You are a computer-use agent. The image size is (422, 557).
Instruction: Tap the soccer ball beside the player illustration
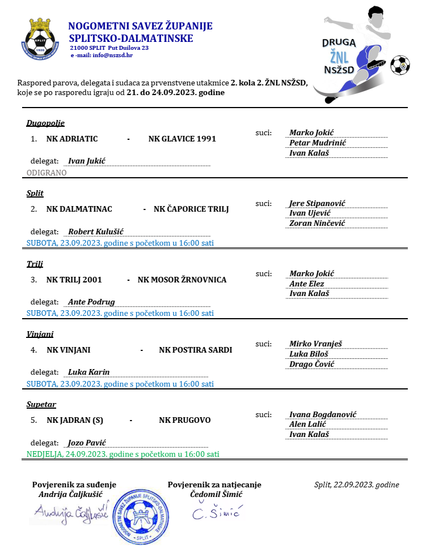tap(399, 65)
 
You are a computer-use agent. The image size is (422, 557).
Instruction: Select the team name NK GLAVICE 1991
tap(182, 139)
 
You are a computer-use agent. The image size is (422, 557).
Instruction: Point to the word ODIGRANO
tap(47, 173)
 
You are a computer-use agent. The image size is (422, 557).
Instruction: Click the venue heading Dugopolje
tap(45, 123)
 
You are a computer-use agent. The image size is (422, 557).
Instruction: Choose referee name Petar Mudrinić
tap(318, 143)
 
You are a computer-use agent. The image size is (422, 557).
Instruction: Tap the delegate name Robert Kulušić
tap(95, 232)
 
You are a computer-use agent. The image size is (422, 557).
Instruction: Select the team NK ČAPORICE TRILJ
tap(191, 209)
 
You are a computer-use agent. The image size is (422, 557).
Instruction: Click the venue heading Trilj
tap(35, 264)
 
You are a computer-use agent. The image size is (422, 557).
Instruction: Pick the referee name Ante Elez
tap(306, 284)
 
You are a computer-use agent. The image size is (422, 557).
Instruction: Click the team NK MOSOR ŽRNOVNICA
tap(182, 280)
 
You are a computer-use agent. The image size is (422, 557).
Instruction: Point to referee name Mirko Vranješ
tap(315, 344)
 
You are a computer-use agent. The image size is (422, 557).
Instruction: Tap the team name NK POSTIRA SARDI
tap(196, 350)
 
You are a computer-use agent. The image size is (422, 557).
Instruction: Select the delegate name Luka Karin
tap(88, 372)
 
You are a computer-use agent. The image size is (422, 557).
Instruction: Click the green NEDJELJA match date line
tap(123, 454)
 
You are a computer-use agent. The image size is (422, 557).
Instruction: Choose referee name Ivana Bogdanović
tap(323, 414)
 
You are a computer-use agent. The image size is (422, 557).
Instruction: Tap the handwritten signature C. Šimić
tap(216, 513)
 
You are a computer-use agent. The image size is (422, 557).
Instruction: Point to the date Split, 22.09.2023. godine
tap(356, 485)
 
